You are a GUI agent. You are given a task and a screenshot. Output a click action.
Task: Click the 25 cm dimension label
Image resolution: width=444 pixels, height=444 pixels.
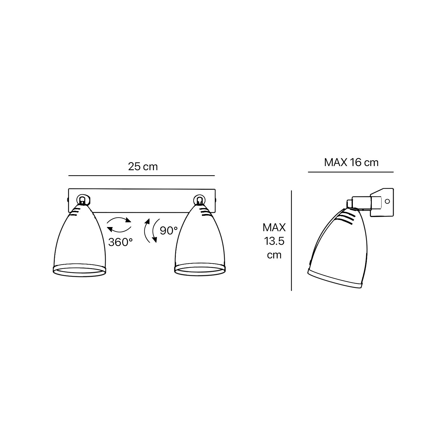pyautogui.click(x=143, y=167)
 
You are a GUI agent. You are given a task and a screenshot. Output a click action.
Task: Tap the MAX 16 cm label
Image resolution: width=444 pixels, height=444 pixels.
pyautogui.click(x=351, y=163)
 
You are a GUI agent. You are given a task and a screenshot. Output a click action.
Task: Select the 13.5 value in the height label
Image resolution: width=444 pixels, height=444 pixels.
pyautogui.click(x=274, y=241)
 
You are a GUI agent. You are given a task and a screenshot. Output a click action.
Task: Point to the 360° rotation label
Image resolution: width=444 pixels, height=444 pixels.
pyautogui.click(x=120, y=242)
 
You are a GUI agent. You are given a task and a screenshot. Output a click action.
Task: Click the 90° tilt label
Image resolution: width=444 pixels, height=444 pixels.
pyautogui.click(x=169, y=231)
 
